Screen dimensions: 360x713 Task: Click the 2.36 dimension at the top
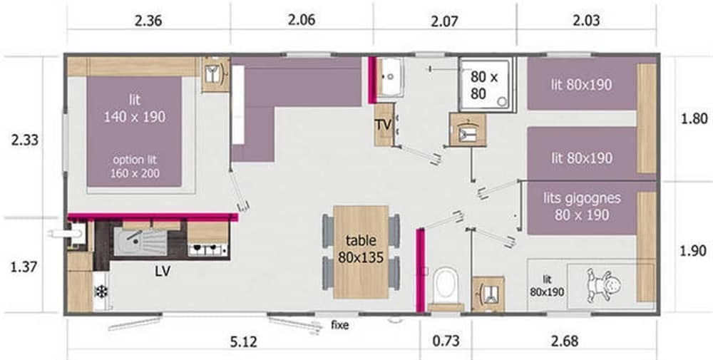pyautogui.click(x=148, y=20)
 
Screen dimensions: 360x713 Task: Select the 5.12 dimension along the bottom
pyautogui.click(x=244, y=341)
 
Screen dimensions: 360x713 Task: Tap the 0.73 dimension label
pyautogui.click(x=446, y=341)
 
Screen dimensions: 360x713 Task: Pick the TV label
pyautogui.click(x=384, y=125)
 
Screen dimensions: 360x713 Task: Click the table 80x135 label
pyautogui.click(x=361, y=250)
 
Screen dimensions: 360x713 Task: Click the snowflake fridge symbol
pyautogui.click(x=101, y=291)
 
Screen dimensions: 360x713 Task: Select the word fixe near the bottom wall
pyautogui.click(x=340, y=325)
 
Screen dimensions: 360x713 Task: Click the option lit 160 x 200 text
pyautogui.click(x=135, y=167)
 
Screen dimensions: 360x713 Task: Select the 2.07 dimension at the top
pyautogui.click(x=445, y=20)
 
